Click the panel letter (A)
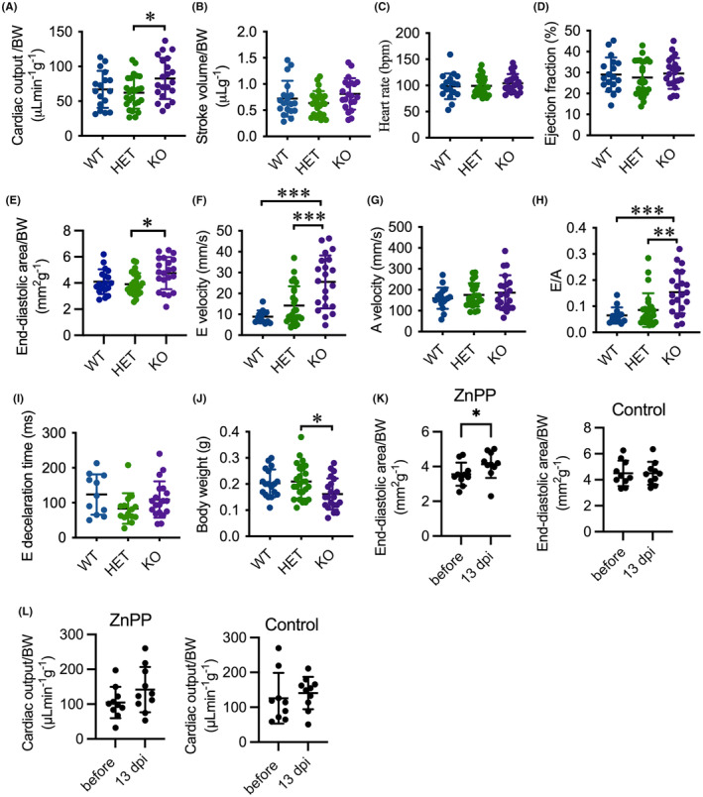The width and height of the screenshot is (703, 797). click(15, 9)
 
